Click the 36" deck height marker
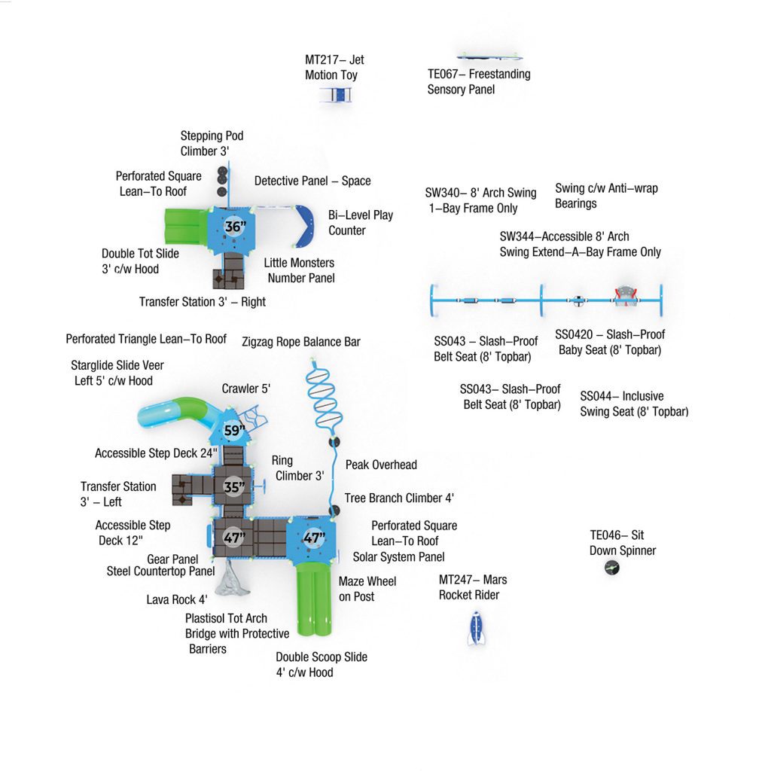click(234, 227)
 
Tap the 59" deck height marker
click(234, 430)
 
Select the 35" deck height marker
click(233, 487)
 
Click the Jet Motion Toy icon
click(336, 94)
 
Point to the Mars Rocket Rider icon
click(476, 628)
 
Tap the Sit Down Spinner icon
click(611, 568)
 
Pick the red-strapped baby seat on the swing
click(625, 296)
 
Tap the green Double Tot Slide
click(186, 227)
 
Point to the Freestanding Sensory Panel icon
click(489, 56)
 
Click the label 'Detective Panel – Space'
click(312, 181)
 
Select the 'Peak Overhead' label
click(381, 465)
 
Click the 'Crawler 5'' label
click(245, 389)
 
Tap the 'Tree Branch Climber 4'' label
click(399, 498)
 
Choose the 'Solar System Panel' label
click(399, 556)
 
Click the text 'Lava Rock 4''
click(177, 599)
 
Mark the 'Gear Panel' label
click(172, 559)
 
